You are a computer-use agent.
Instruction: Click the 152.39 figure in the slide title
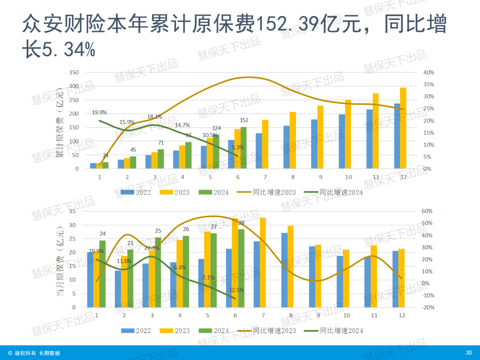[x=289, y=24]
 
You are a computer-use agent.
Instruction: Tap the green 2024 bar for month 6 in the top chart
[x=243, y=148]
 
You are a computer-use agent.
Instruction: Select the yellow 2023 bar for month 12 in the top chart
[x=403, y=128]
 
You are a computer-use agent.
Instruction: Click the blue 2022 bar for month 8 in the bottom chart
[x=285, y=270]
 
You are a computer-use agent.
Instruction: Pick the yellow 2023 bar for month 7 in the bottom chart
[x=263, y=263]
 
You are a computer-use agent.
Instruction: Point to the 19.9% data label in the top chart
[x=99, y=112]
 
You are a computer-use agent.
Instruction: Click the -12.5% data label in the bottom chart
[x=235, y=290]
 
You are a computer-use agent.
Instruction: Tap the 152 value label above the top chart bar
[x=244, y=120]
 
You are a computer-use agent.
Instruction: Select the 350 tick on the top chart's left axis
[x=74, y=72]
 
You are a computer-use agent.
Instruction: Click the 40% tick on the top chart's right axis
[x=429, y=72]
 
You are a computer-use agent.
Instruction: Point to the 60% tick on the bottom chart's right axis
[x=427, y=211]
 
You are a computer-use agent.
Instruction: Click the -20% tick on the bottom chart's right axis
[x=427, y=308]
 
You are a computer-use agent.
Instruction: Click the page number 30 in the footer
[x=468, y=353]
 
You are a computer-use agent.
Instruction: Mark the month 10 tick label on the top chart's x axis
[x=348, y=177]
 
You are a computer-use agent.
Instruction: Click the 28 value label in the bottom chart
[x=241, y=223]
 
